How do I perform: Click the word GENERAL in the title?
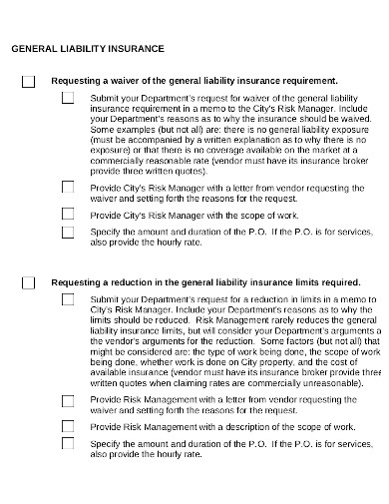[x=33, y=48]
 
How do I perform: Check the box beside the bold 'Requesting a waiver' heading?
[x=28, y=81]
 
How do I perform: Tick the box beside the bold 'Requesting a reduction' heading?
[x=28, y=283]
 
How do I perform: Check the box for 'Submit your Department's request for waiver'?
[x=68, y=98]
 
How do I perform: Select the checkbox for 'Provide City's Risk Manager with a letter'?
[x=68, y=186]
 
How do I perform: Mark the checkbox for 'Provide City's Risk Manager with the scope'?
[x=68, y=214]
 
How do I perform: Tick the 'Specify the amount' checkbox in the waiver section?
[x=68, y=232]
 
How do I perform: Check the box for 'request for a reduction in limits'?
[x=68, y=298]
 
